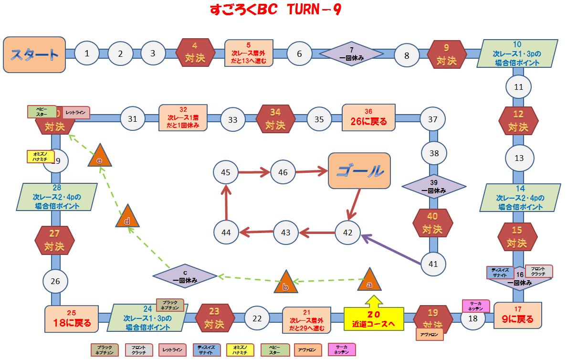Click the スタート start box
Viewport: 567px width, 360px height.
coord(34,54)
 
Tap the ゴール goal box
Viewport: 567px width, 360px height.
coord(359,170)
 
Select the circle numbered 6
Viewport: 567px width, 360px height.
coord(299,53)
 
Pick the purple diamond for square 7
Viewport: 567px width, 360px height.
coord(351,53)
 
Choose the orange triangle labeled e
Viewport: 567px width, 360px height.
coord(100,155)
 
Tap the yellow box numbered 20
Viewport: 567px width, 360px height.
coord(374,318)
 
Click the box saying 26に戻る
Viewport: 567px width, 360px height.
coord(368,117)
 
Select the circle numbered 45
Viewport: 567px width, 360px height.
coord(226,172)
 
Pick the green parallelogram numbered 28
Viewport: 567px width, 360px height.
coord(56,197)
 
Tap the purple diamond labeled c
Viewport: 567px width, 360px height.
coord(185,276)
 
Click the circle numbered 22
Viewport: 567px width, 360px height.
coord(257,318)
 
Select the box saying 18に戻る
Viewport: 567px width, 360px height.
coord(72,318)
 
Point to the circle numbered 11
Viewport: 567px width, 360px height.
coord(518,87)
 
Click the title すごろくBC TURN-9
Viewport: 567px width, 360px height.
coord(275,10)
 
